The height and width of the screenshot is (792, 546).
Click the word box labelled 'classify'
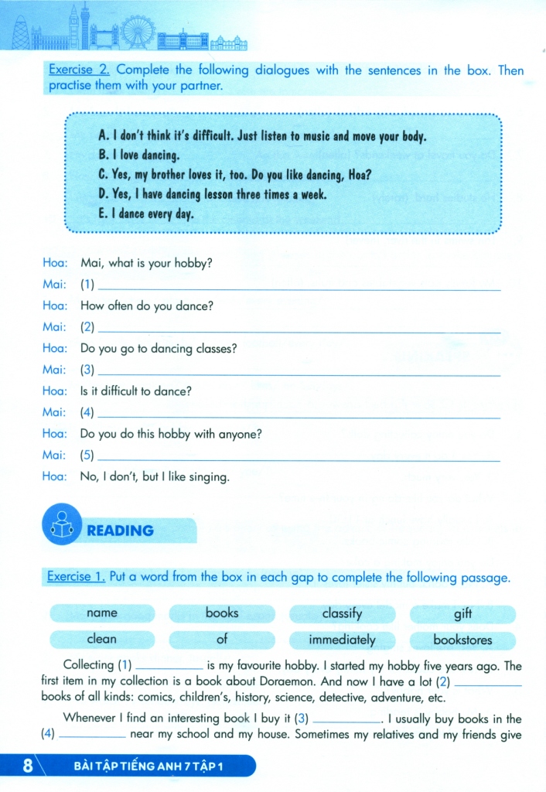342,613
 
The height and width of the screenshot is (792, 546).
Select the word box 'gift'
462,613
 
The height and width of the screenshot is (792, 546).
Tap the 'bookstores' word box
462,640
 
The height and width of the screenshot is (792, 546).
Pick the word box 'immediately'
342,640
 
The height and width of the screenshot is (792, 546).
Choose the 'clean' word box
102,639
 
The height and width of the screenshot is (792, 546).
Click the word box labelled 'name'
102,613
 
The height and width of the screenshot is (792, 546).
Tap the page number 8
28,767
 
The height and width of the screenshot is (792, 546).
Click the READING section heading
120,531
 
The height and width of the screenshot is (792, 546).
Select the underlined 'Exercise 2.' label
79,70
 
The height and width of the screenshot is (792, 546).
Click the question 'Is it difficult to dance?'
135,391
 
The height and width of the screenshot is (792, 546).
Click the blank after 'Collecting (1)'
169,667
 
